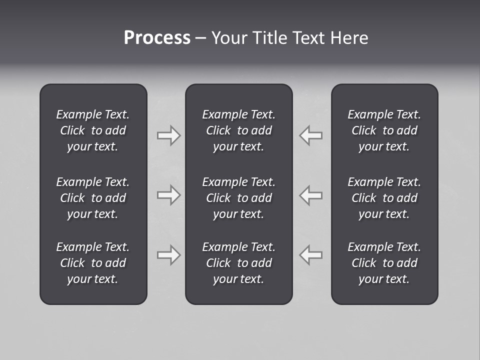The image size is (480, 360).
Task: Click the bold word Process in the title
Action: click(x=157, y=38)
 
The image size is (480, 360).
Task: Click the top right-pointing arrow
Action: click(x=168, y=135)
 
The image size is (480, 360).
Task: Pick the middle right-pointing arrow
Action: click(x=168, y=195)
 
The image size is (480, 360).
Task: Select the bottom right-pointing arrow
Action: click(x=168, y=255)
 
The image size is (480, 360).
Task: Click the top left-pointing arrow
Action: click(x=311, y=135)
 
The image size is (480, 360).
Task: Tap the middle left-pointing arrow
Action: click(x=311, y=195)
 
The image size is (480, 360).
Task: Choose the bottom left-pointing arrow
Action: click(x=311, y=255)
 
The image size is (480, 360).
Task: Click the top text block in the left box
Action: click(x=93, y=130)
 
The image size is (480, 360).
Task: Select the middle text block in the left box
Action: click(x=93, y=198)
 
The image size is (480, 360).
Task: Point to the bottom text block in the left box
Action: click(x=93, y=263)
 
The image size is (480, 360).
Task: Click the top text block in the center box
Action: click(x=239, y=130)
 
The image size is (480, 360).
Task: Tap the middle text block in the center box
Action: click(x=239, y=198)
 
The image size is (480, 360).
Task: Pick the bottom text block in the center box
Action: click(x=239, y=263)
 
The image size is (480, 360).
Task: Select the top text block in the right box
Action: click(x=384, y=130)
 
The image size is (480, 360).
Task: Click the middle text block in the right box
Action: click(x=384, y=198)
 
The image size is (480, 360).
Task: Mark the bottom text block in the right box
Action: click(x=384, y=263)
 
